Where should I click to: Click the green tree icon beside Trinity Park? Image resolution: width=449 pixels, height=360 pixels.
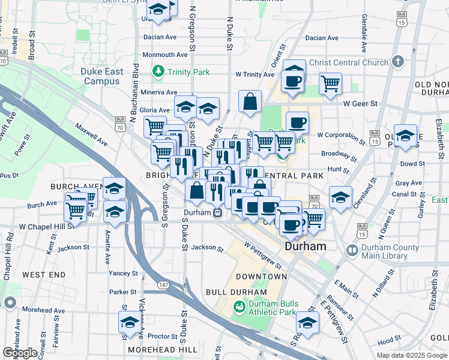pyautogui.click(x=158, y=72)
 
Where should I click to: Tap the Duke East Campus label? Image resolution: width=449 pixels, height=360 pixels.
pyautogui.click(x=101, y=76)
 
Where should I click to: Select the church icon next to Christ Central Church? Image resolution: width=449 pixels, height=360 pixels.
pyautogui.click(x=397, y=62)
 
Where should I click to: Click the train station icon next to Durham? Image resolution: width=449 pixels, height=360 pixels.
pyautogui.click(x=218, y=212)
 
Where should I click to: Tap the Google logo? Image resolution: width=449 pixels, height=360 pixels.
pyautogui.click(x=20, y=353)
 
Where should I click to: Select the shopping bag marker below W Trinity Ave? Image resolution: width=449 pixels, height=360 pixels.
pyautogui.click(x=250, y=101)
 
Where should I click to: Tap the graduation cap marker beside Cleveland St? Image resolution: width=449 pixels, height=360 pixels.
pyautogui.click(x=340, y=197)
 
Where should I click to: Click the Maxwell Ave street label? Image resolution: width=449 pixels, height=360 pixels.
pyautogui.click(x=91, y=136)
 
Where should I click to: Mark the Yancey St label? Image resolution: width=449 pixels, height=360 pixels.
pyautogui.click(x=123, y=273)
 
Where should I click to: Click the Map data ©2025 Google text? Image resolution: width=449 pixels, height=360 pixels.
pyautogui.click(x=411, y=355)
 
